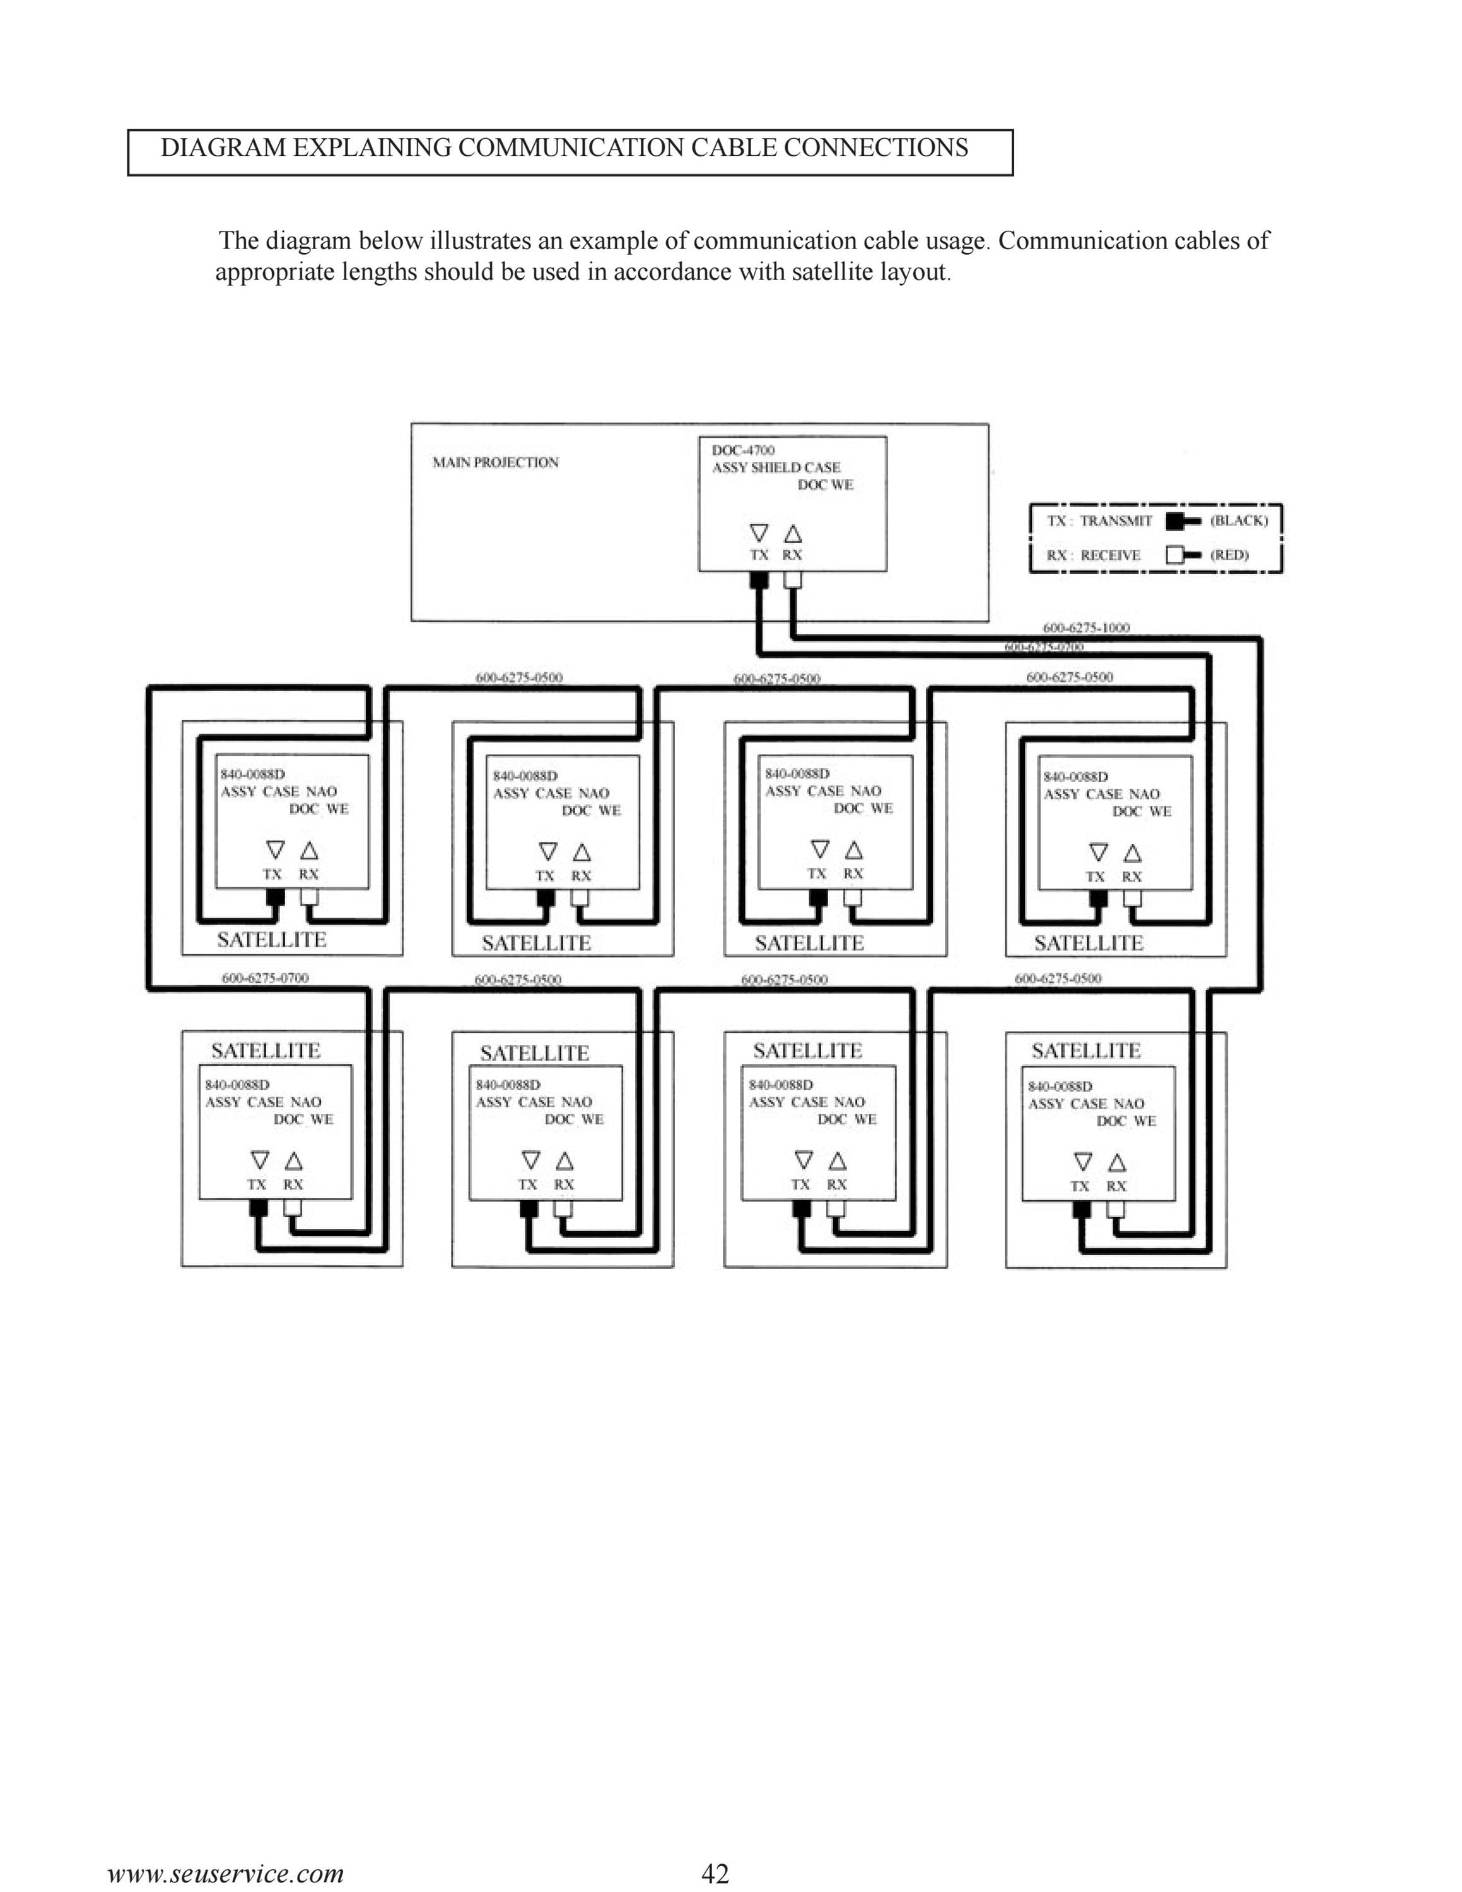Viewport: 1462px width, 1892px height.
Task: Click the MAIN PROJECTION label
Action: click(495, 463)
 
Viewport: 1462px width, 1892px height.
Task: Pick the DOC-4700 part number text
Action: click(743, 450)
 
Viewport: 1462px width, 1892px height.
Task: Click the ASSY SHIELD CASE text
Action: click(776, 468)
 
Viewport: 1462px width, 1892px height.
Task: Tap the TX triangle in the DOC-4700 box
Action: click(759, 533)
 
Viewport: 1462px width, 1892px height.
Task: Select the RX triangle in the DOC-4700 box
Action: click(792, 533)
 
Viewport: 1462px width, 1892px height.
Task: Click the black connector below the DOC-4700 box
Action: click(759, 580)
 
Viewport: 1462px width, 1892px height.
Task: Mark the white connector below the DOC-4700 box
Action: click(792, 580)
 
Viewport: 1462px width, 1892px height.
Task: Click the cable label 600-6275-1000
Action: click(1086, 628)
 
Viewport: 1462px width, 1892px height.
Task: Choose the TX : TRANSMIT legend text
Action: click(1099, 521)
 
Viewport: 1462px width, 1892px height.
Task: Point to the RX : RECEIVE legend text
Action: click(1093, 555)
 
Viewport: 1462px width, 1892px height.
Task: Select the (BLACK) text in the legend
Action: click(1239, 521)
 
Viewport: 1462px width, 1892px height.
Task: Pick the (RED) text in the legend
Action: click(1229, 555)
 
